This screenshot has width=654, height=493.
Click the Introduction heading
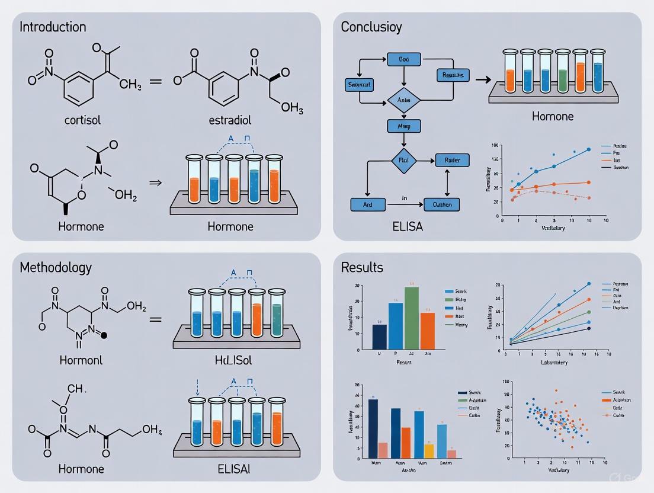coord(53,27)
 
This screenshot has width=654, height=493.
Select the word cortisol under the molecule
coord(82,120)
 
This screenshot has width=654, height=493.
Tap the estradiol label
coord(230,120)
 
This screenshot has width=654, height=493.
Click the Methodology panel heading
coord(56,267)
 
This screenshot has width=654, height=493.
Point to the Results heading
coord(362,267)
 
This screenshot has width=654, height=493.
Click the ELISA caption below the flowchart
coord(408,226)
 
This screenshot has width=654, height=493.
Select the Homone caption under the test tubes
coord(552,116)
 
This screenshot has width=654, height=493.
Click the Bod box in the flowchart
coord(403,59)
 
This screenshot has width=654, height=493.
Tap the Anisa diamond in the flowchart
coord(403,101)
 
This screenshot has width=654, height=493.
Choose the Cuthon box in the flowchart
coord(442,205)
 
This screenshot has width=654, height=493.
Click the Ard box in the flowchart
coord(367,205)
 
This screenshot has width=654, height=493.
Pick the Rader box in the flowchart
coord(452,160)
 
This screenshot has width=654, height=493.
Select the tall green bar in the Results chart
coord(412,318)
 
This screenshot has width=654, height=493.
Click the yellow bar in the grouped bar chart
coord(429,451)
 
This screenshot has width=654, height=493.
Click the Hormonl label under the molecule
coord(81,360)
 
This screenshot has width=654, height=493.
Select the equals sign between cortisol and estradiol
coord(155,81)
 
